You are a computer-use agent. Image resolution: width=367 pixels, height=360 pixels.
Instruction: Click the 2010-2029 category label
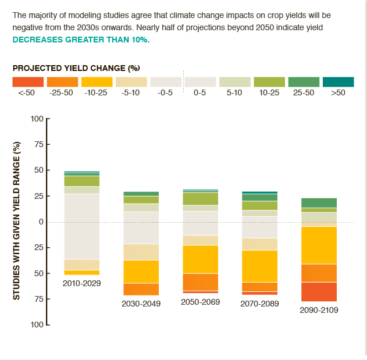81,283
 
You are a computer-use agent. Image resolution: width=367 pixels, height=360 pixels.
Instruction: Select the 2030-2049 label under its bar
141,304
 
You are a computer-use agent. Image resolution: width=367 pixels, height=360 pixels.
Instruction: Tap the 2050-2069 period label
200,302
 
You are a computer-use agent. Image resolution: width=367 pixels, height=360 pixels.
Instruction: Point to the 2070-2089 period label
259,304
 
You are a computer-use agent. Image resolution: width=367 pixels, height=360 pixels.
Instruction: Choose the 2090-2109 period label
319,310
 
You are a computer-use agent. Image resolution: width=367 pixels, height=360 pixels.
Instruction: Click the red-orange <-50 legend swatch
28,82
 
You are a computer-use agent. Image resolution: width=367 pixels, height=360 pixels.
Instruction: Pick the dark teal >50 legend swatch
338,82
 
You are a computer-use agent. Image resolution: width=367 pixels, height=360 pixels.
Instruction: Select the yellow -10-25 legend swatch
97,82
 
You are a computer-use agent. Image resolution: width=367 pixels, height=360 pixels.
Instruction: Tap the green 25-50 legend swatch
304,82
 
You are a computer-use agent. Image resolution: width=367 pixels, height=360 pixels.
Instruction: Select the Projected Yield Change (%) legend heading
76,67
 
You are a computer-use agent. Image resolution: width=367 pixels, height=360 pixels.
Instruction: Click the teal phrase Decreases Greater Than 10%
81,40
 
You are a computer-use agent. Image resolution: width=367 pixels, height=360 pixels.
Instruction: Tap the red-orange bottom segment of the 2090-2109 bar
319,291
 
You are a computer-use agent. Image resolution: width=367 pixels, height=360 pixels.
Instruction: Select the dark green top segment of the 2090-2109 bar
319,202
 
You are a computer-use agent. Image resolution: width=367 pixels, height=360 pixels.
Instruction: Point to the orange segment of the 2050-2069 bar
200,281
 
